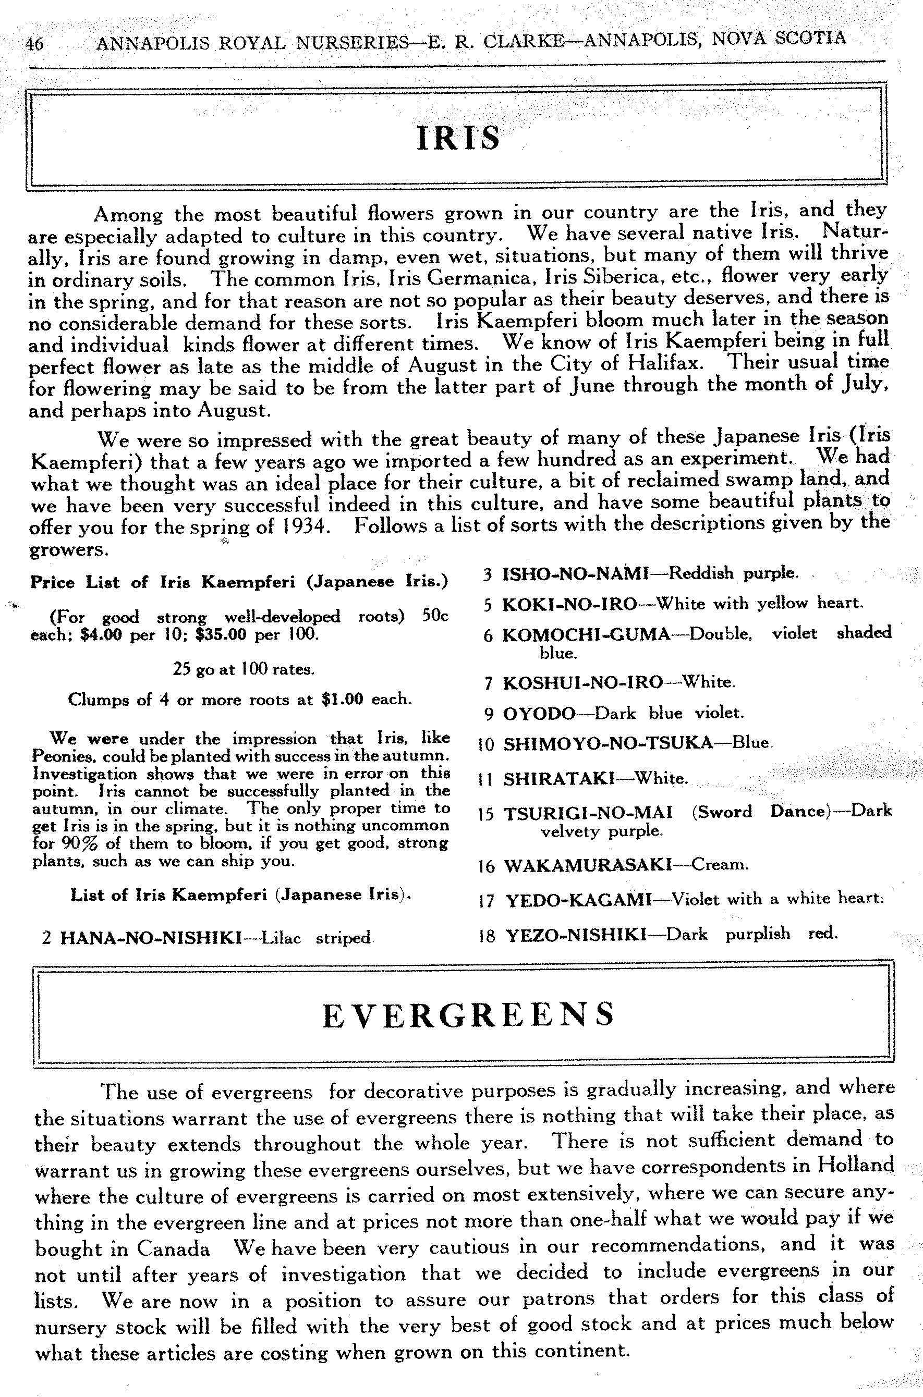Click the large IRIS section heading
[458, 138]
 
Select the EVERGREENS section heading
[469, 1014]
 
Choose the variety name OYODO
[539, 714]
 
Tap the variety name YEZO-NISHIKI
[576, 934]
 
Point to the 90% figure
[74, 843]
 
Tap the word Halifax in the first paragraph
[665, 363]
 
